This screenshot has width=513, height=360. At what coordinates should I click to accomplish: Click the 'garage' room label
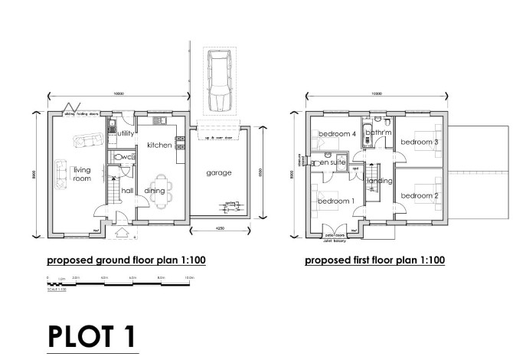pyautogui.click(x=218, y=173)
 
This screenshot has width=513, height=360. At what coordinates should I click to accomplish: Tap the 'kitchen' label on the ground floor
pyautogui.click(x=158, y=145)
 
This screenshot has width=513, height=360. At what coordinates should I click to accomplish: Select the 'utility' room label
pyautogui.click(x=126, y=133)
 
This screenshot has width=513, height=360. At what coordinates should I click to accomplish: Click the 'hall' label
pyautogui.click(x=127, y=191)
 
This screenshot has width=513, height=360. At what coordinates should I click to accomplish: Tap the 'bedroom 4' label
pyautogui.click(x=338, y=134)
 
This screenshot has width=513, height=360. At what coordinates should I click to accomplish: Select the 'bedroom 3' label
pyautogui.click(x=420, y=142)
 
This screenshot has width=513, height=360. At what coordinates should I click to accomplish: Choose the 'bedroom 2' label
pyautogui.click(x=420, y=195)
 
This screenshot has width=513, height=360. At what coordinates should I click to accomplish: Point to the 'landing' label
pyautogui.click(x=380, y=181)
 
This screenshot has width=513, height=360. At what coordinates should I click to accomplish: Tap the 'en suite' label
pyautogui.click(x=334, y=163)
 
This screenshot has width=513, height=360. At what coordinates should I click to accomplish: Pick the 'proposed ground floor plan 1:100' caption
pyautogui.click(x=126, y=260)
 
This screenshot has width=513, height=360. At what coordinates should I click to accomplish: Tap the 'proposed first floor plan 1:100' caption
pyautogui.click(x=374, y=260)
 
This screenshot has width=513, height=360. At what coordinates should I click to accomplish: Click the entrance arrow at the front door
pyautogui.click(x=120, y=232)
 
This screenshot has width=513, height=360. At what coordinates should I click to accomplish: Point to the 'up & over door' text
pyautogui.click(x=217, y=137)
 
